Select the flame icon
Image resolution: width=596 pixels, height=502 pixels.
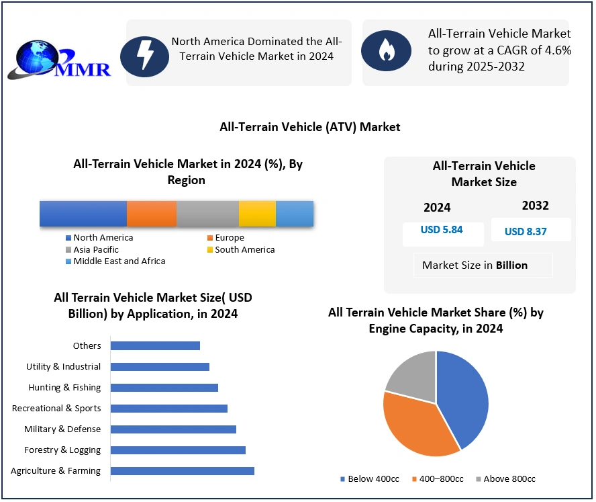pos(385,50)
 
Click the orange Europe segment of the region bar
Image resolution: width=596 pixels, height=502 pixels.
pos(152,213)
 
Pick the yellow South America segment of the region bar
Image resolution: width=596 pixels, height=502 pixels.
pos(257,213)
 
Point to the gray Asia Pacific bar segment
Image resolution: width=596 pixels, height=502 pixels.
pos(207,213)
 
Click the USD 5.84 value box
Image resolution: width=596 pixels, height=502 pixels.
pos(442,230)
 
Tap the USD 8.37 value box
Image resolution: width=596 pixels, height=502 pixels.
pos(526,231)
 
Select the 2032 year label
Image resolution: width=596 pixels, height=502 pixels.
pos(535,206)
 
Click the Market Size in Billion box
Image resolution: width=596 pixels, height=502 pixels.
pos(475,265)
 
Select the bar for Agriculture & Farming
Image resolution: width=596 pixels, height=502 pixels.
pos(182,471)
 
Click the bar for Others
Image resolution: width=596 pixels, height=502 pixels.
pos(155,346)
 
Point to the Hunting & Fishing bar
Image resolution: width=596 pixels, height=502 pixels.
pos(164,388)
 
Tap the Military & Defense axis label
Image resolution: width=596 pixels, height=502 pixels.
pos(62,429)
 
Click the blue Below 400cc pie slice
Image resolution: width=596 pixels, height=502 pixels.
pos(463,396)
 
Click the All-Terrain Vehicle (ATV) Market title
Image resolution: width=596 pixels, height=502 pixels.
pos(309,127)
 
